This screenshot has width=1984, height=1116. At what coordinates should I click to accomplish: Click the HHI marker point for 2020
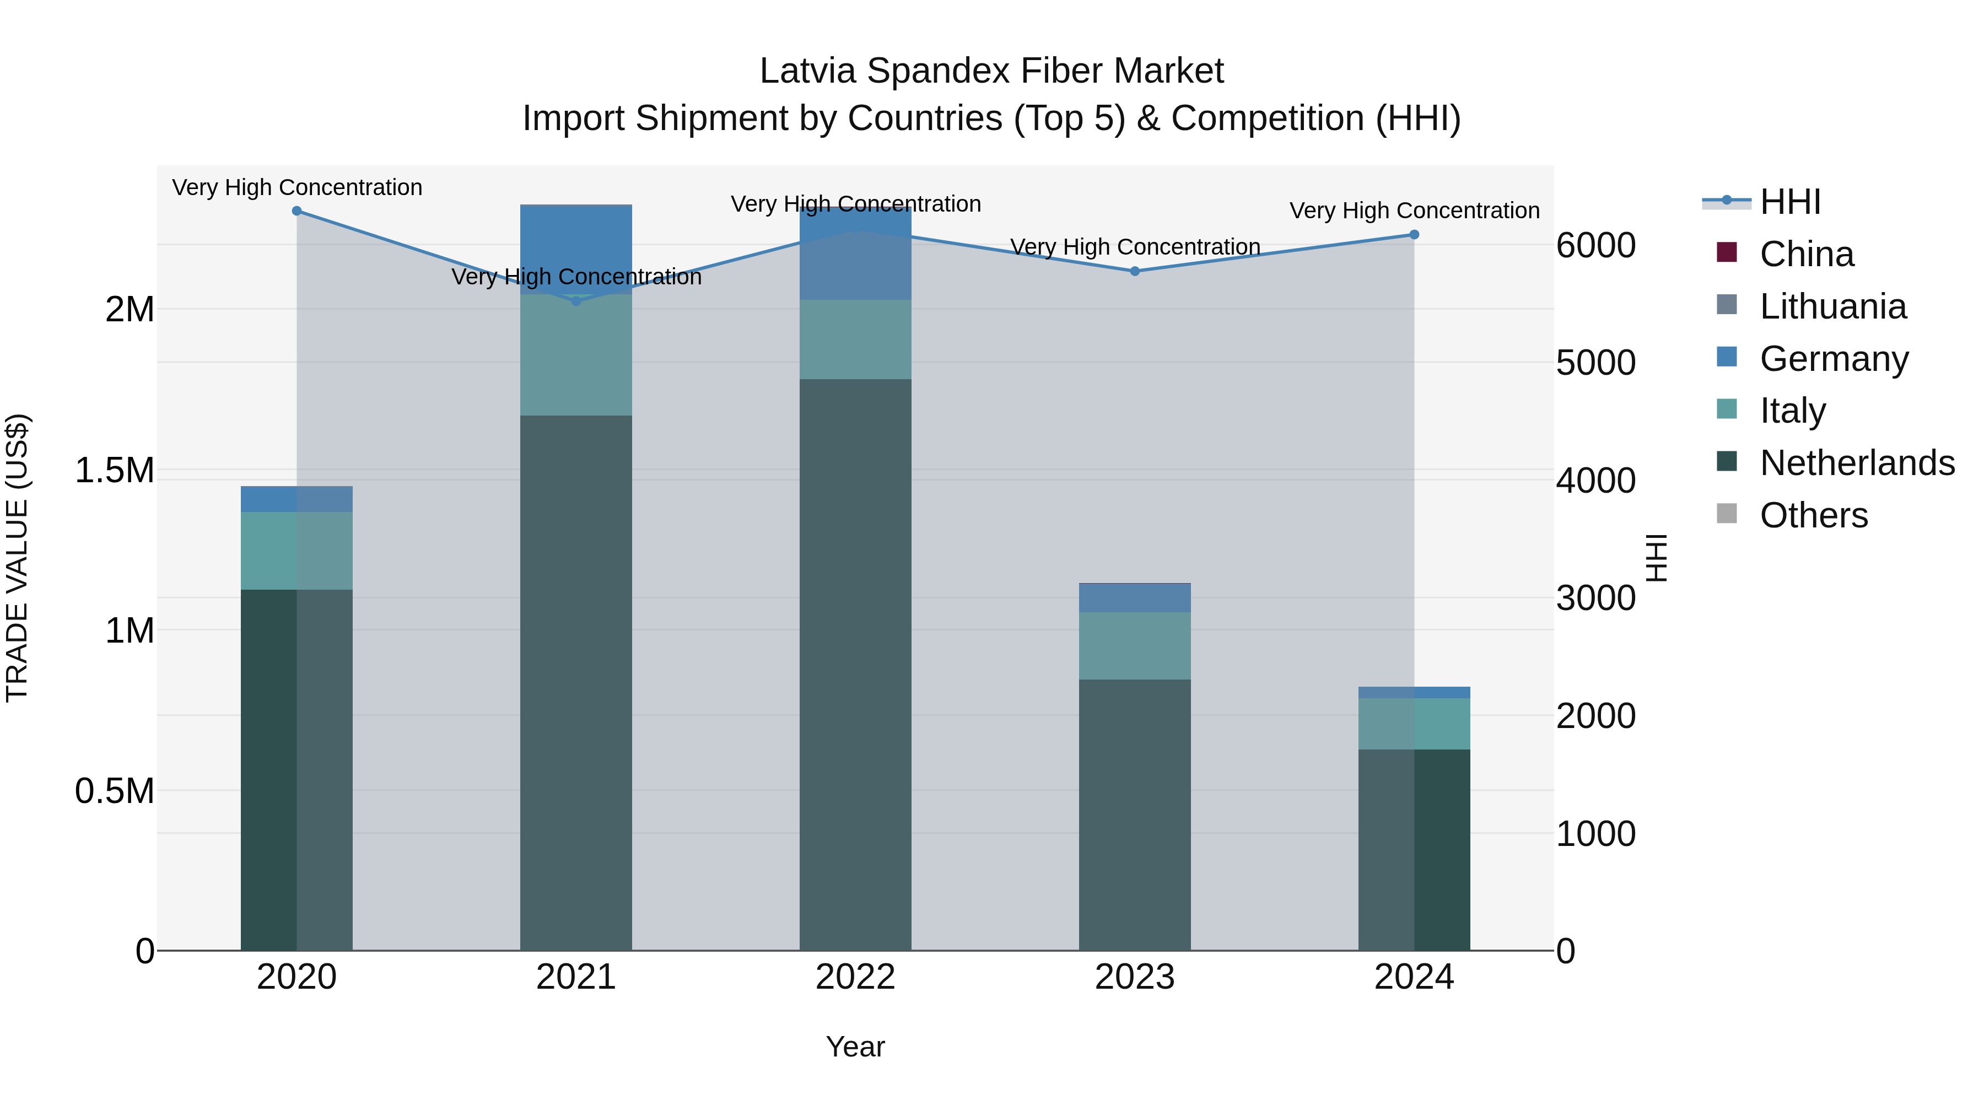click(x=296, y=211)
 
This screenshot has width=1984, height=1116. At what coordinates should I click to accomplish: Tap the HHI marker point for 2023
click(x=1135, y=271)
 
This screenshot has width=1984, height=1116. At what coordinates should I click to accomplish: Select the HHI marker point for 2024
click(x=1414, y=235)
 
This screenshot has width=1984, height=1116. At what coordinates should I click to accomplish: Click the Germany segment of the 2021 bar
click(x=576, y=246)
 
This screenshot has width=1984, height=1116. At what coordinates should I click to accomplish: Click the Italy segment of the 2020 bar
click(x=296, y=551)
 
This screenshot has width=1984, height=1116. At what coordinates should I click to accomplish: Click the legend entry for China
click(x=1806, y=254)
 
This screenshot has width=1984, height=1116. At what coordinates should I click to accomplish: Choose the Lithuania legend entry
click(x=1832, y=306)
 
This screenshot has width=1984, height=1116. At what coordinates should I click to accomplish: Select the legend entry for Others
click(x=1813, y=515)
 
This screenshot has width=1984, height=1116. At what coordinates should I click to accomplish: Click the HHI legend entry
click(x=1790, y=202)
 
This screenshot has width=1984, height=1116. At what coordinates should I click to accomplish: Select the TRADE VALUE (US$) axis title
click(x=17, y=558)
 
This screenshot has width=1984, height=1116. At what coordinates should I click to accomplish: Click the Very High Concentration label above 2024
click(x=1414, y=211)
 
